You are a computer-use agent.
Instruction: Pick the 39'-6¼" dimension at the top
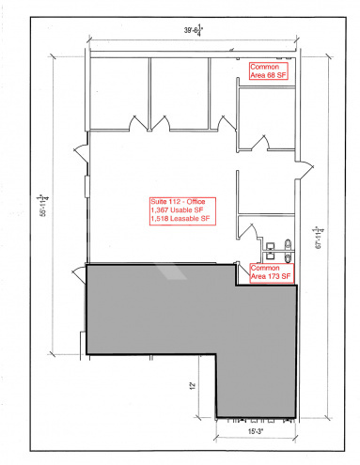coord(196,32)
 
